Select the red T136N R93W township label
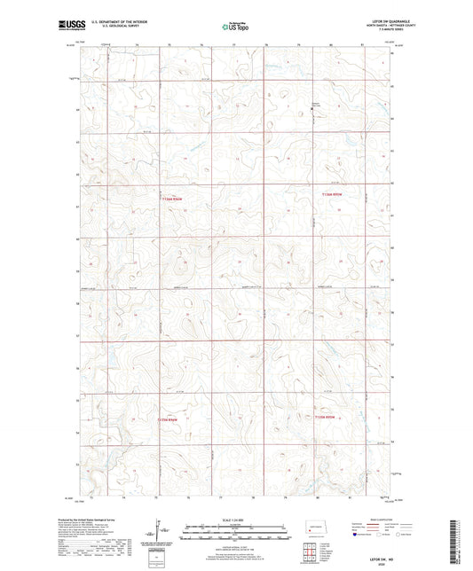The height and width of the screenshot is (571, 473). tap(331, 192)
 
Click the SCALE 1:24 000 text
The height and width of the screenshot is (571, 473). tap(235, 520)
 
